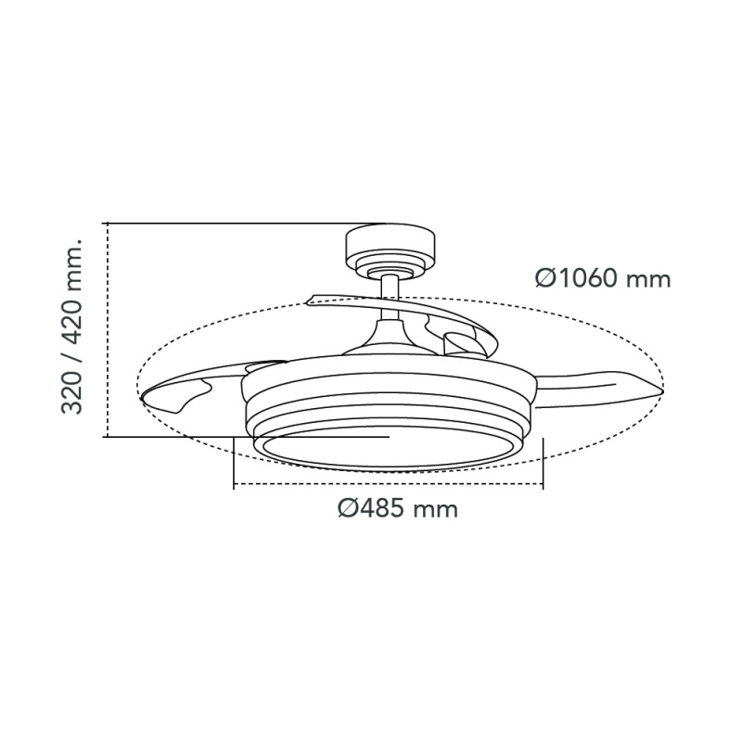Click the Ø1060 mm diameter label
point(603,279)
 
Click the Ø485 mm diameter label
point(398,509)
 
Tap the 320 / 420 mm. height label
point(72,327)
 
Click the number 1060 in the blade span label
point(585,279)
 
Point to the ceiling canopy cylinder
point(390,248)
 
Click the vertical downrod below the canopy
point(390,297)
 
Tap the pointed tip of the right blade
point(662,390)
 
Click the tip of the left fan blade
point(141,397)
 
